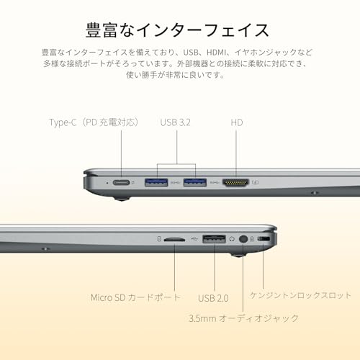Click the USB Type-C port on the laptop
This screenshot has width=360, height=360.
tap(121, 182)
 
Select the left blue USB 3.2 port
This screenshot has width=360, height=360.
tap(156, 182)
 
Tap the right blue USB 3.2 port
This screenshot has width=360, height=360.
tap(195, 182)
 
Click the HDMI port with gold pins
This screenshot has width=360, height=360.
tap(235, 183)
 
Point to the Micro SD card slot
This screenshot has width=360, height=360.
tap(174, 239)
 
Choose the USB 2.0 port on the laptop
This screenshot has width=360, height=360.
tap(215, 239)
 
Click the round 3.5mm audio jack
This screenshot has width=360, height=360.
tap(243, 239)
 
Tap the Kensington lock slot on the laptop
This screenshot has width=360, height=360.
tap(264, 239)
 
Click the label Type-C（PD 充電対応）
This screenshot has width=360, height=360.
tap(94, 122)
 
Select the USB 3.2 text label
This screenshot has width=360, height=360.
tap(176, 122)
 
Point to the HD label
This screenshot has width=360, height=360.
tap(237, 122)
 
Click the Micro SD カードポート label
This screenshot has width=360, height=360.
tap(135, 297)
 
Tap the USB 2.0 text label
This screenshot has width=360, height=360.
tap(213, 298)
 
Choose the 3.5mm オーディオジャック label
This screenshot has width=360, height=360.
tap(243, 318)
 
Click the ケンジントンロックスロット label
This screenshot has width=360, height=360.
tap(300, 295)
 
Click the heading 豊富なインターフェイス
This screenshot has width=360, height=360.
tap(177, 30)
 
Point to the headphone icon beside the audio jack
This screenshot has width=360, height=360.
tap(232, 239)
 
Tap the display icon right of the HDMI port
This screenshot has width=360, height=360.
tap(255, 182)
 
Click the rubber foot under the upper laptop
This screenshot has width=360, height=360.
tap(122, 198)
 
